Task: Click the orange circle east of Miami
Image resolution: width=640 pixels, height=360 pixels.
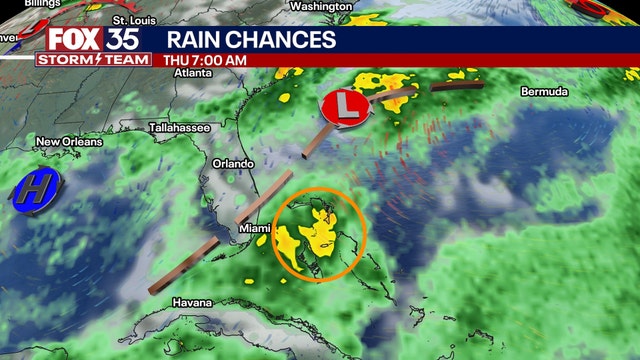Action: [x=319, y=234]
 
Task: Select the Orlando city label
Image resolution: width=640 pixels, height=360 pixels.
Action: [x=233, y=163]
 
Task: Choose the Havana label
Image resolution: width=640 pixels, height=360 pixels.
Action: [x=191, y=302]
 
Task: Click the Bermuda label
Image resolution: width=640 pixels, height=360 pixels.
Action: [x=544, y=92]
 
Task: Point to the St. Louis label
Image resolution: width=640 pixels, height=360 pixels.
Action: [x=134, y=20]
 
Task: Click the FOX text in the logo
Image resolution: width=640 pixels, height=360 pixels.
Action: [x=68, y=39]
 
